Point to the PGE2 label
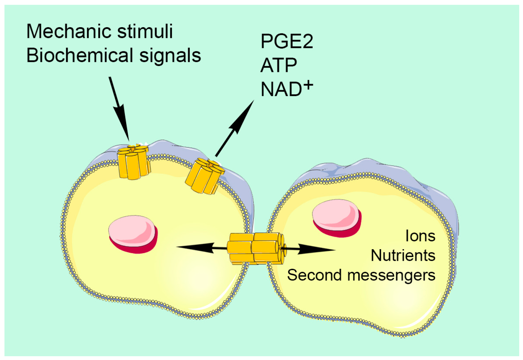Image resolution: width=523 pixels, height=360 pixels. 287,41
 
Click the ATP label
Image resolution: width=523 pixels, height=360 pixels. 279,65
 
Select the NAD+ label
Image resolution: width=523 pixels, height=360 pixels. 287,89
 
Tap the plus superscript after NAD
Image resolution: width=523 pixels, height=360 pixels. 308,85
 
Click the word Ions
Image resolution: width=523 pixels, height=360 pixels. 420,236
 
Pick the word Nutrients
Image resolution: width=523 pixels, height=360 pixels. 403,256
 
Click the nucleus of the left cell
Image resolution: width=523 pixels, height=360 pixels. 133,234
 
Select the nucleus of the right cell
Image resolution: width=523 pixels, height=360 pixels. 337,218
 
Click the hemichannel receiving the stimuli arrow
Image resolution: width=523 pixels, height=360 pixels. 133,162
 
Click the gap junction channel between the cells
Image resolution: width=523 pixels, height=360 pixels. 256,248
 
